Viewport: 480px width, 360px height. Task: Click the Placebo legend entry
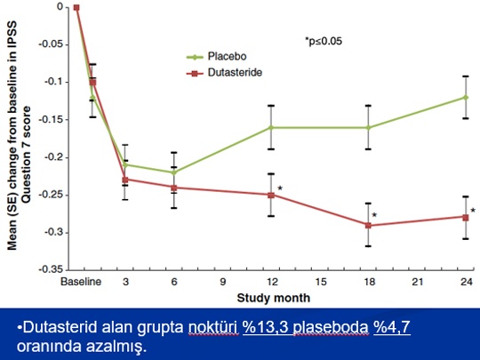tap(217, 57)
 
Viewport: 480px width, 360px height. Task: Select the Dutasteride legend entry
tap(224, 73)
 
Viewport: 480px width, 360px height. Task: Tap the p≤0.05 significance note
tap(324, 41)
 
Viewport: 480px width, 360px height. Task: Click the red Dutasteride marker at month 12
tap(271, 195)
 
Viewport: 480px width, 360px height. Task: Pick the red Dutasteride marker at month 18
tap(368, 226)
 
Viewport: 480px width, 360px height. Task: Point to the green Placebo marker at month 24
tap(466, 98)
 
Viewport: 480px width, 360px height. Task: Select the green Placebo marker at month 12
tap(271, 127)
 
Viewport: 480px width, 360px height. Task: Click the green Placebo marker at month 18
tap(368, 127)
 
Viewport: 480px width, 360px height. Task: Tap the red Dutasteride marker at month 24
tap(466, 218)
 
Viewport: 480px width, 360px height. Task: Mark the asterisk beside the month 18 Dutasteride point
tap(374, 215)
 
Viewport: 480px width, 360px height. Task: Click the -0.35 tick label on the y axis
tap(52, 269)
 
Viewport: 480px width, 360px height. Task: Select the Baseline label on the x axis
tap(81, 282)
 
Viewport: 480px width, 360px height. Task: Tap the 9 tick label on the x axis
tap(222, 282)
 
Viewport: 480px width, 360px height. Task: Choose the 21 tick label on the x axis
tap(417, 282)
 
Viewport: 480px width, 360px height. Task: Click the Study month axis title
tap(274, 298)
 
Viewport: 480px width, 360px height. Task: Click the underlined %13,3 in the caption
tap(266, 327)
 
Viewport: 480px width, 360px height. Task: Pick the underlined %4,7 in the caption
tap(392, 327)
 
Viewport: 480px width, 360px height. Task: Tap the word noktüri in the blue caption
tap(213, 327)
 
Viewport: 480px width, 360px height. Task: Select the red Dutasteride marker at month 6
tap(174, 188)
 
